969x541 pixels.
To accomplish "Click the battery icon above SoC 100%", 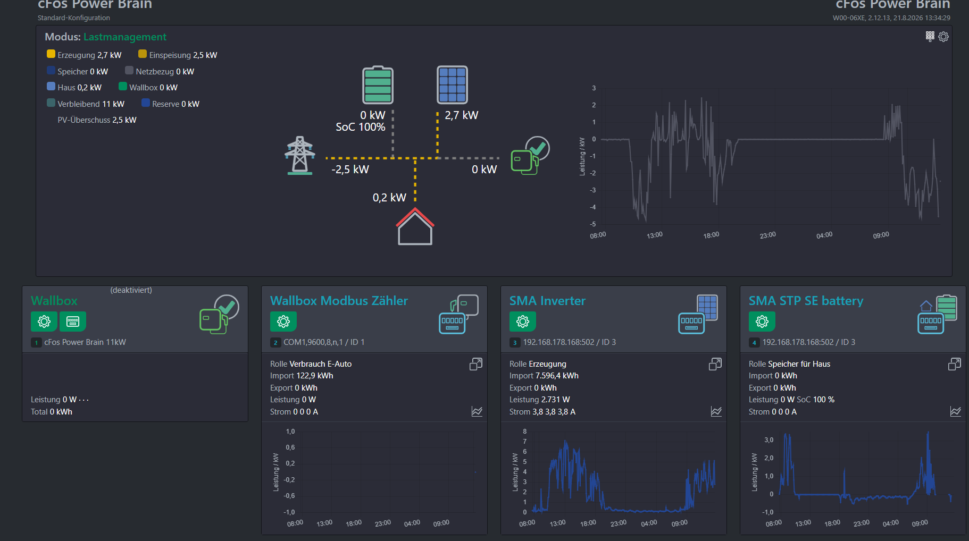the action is pyautogui.click(x=378, y=84).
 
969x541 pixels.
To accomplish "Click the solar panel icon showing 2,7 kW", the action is pyautogui.click(x=452, y=84).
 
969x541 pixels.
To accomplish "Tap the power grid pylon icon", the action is pyautogui.click(x=300, y=156).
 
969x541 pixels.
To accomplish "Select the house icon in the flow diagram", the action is pyautogui.click(x=415, y=226).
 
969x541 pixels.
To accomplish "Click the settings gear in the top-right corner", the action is pyautogui.click(x=943, y=37).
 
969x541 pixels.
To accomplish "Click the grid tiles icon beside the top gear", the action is pyautogui.click(x=930, y=36).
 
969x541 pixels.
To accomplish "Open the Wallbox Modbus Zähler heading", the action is pyautogui.click(x=339, y=301).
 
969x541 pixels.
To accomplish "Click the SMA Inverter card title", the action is pyautogui.click(x=547, y=301).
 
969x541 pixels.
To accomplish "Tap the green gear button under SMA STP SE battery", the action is pyautogui.click(x=762, y=322).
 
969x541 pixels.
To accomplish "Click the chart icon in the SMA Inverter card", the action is pyautogui.click(x=716, y=411).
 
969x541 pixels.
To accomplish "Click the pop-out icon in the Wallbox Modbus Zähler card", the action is pyautogui.click(x=476, y=364).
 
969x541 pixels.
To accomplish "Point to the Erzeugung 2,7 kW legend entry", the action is pyautogui.click(x=84, y=55).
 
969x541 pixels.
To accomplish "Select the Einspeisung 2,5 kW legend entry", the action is pyautogui.click(x=178, y=55).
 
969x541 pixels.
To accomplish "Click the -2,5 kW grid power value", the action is pyautogui.click(x=350, y=170).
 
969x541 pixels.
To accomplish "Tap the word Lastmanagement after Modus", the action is pyautogui.click(x=125, y=37).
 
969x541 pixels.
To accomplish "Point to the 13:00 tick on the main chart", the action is pyautogui.click(x=655, y=235).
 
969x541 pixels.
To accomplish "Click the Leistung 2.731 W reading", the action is pyautogui.click(x=539, y=400).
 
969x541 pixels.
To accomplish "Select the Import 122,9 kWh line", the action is pyautogui.click(x=302, y=376).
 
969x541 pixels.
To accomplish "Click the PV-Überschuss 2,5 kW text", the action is pyautogui.click(x=97, y=120).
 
